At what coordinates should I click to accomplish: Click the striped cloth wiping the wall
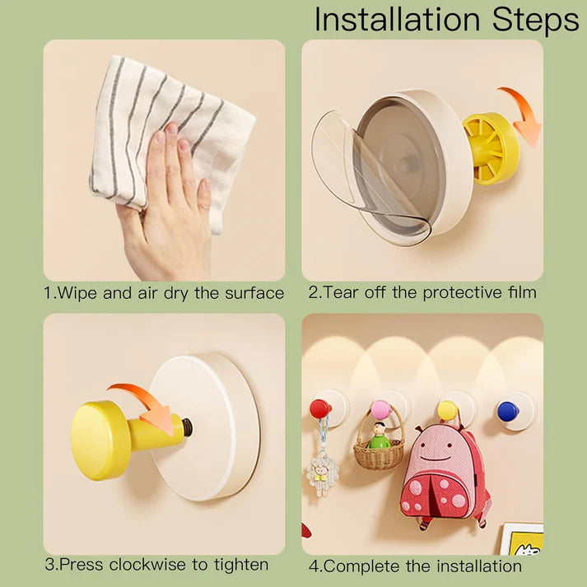165,123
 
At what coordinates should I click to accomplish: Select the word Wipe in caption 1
81,293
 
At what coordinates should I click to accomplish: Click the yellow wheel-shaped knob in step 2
491,147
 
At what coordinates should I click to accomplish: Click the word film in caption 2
519,292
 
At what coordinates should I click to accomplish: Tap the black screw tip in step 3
188,427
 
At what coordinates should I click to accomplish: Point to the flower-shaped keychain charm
322,473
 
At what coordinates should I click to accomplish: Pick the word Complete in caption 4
362,566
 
